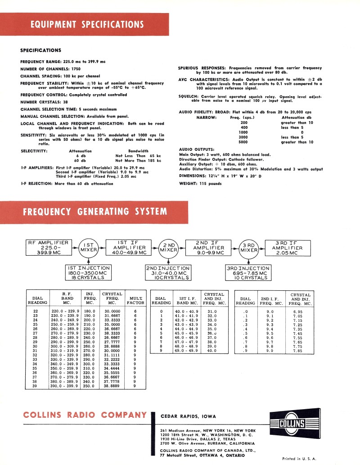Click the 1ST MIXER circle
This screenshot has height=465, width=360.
[89, 248]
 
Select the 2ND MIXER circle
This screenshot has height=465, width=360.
[168, 249]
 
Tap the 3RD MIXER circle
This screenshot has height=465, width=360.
[249, 248]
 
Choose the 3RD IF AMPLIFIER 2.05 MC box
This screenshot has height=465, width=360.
[287, 248]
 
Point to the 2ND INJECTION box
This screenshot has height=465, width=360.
[168, 273]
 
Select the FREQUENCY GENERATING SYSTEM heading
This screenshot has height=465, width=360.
[94, 212]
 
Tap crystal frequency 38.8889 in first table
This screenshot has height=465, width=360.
[112, 386]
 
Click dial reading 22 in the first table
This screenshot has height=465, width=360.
[36, 312]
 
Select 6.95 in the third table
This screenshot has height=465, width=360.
[297, 312]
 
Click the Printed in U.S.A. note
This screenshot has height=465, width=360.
[299, 459]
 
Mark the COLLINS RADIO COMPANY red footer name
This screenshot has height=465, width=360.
[85, 415]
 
